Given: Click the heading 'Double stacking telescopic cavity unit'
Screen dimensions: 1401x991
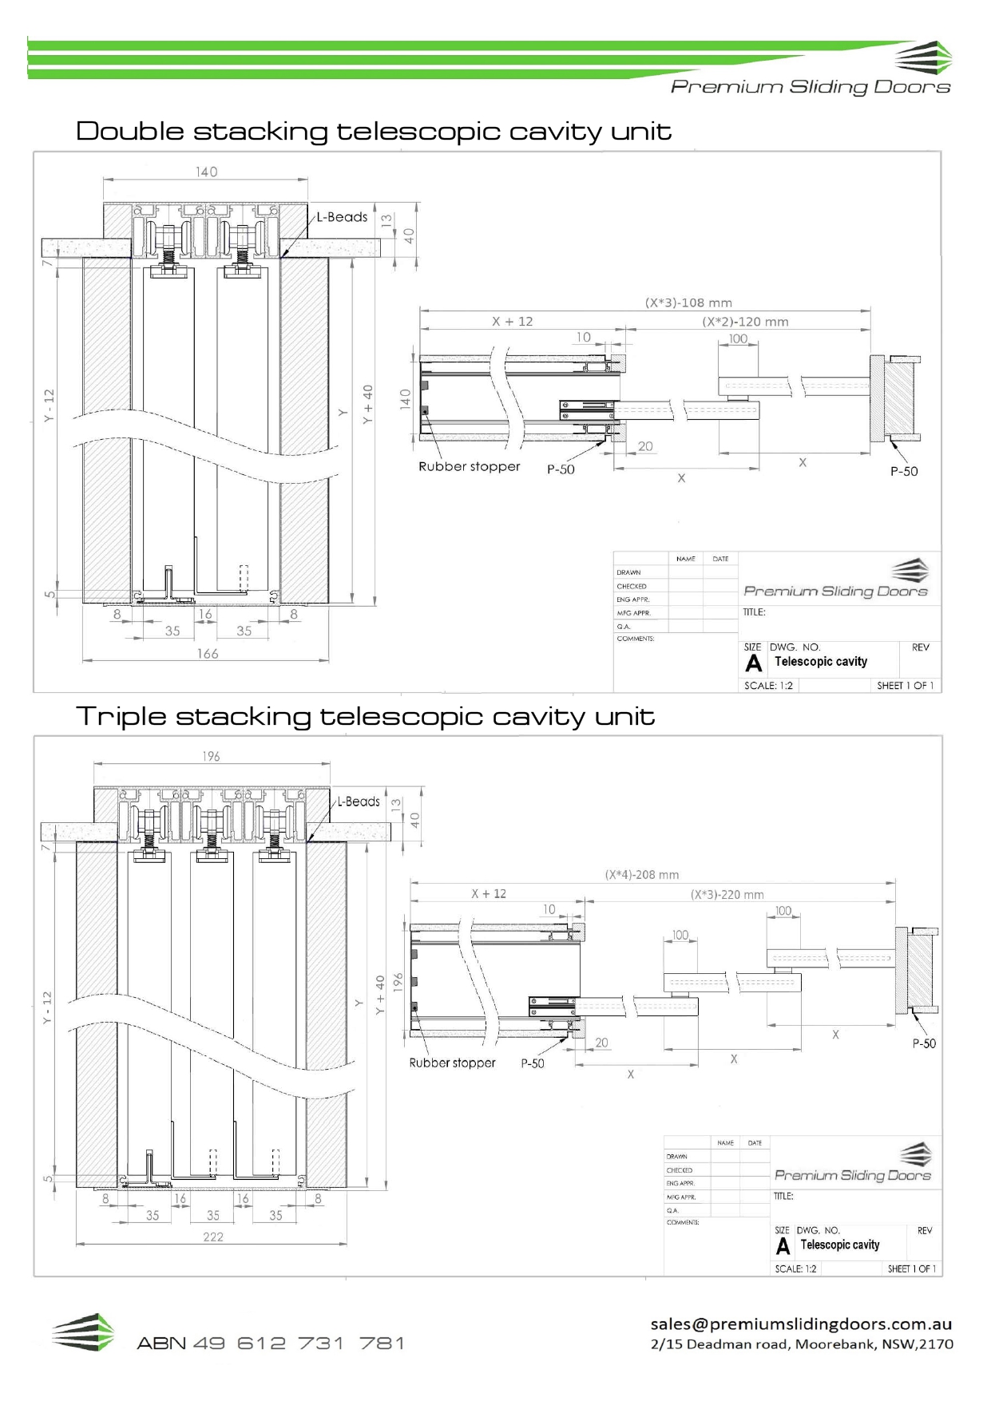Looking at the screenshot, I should pos(373,131).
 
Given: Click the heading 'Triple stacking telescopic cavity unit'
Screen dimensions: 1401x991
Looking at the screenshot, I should pos(365,716).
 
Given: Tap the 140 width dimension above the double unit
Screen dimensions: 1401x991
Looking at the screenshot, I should pos(206,172).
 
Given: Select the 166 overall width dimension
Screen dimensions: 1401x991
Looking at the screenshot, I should pos(208,654).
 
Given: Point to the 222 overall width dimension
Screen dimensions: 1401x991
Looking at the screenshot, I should pos(213,1237).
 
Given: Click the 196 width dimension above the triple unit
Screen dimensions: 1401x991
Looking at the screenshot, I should pos(211,756).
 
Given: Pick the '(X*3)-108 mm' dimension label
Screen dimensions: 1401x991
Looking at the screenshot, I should pos(688,303).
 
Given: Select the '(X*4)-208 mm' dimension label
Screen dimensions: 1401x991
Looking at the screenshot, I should pos(642,875).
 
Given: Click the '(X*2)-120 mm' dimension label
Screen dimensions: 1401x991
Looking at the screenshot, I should pos(745,322).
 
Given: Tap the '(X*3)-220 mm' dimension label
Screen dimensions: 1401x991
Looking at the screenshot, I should pos(727,895).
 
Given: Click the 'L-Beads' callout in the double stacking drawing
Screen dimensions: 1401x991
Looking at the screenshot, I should pos(342,217).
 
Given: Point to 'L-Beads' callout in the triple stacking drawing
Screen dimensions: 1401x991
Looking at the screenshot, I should pos(358,801).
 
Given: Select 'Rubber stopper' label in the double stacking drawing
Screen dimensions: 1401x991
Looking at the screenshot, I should pos(469,467).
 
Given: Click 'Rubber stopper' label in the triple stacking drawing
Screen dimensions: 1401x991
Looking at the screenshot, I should pos(452,1063).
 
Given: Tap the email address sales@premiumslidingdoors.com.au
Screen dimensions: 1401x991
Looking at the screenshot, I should pos(801,1324).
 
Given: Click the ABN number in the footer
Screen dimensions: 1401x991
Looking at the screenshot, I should pos(271,1344).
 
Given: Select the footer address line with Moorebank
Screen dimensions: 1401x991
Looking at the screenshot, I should pos(802,1344).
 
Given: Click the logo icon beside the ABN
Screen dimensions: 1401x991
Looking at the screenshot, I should pos(83,1332).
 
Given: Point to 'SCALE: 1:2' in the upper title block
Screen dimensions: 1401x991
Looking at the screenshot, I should pos(768,686).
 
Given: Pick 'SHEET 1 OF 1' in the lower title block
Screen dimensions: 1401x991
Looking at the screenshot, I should pos(911,1268).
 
